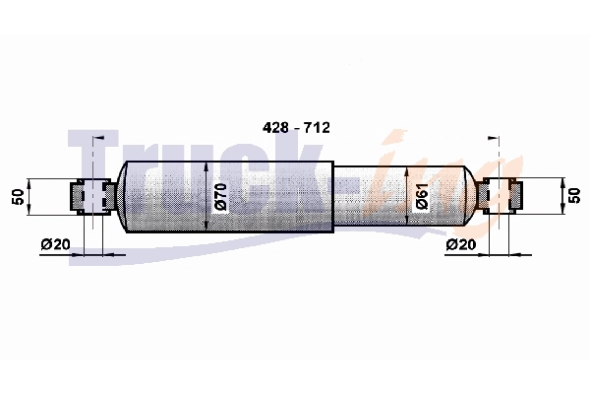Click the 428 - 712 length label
pyautogui.click(x=295, y=128)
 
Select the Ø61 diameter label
pyautogui.click(x=421, y=196)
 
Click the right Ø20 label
pyautogui.click(x=462, y=243)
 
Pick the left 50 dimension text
pyautogui.click(x=17, y=196)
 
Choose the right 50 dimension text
pyautogui.click(x=574, y=196)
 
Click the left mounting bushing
pyautogui.click(x=90, y=195)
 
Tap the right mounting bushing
pyautogui.click(x=501, y=195)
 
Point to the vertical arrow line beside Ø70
pyautogui.click(x=206, y=195)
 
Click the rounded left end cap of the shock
pyautogui.click(x=123, y=195)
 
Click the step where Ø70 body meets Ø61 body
pyautogui.click(x=334, y=195)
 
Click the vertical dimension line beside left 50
pyautogui.click(x=31, y=196)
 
